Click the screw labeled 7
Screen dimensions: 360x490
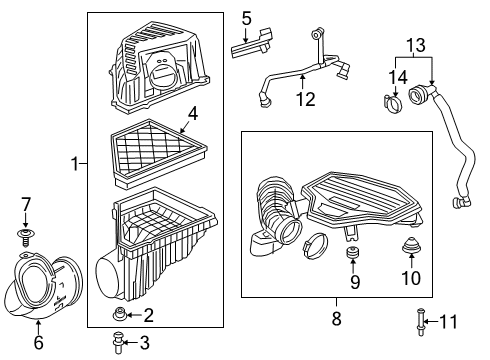26,236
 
